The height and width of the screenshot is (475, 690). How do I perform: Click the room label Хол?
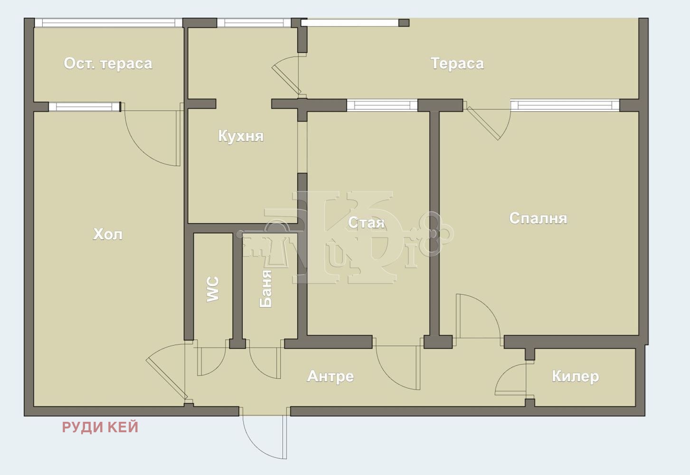click(x=107, y=235)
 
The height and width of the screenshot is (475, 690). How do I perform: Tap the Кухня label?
click(x=241, y=136)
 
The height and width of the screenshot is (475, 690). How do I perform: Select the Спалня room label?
click(x=538, y=218)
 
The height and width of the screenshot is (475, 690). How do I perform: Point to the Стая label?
click(x=366, y=223)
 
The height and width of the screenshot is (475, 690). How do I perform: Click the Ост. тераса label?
click(x=108, y=64)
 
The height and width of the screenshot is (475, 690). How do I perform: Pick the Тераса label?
click(x=457, y=64)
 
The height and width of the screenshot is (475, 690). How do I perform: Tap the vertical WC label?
click(x=213, y=289)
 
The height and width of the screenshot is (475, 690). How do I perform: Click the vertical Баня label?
click(x=266, y=289)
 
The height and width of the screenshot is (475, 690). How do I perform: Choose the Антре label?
click(x=331, y=376)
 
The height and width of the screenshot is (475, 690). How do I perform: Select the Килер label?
click(x=576, y=376)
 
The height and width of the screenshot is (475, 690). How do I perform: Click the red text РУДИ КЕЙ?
click(x=100, y=427)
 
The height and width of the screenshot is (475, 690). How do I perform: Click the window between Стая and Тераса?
click(x=382, y=105)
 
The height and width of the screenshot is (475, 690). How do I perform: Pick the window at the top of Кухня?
click(x=254, y=23)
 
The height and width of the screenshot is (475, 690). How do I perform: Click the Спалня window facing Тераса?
click(x=565, y=105)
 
